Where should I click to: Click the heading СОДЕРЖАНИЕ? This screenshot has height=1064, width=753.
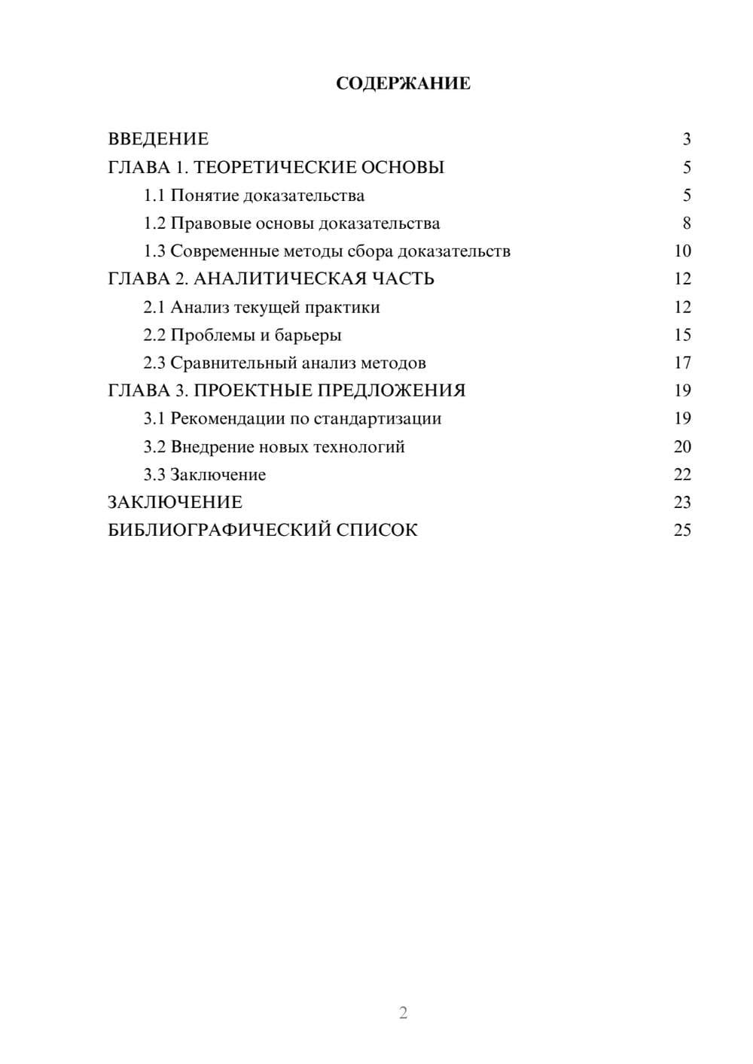pos(403,84)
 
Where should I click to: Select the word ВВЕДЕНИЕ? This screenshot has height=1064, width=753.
pos(158,139)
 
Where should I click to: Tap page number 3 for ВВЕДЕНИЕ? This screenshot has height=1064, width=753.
pos(686,139)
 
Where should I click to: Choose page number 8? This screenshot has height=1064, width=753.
pos(686,223)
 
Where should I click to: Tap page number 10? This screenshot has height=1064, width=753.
pos(682,251)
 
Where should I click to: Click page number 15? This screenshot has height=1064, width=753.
pos(682,335)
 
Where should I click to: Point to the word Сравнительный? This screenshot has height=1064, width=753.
pos(233,363)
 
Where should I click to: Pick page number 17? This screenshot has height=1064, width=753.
pos(682,363)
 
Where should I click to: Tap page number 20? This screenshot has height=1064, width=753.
pos(682,447)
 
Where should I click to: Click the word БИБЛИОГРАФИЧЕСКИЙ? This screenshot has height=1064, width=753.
pos(219,530)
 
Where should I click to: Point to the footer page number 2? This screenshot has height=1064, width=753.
pos(403,1013)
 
